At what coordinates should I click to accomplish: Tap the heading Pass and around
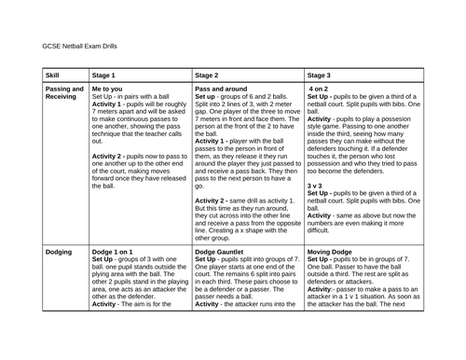[224, 89]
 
